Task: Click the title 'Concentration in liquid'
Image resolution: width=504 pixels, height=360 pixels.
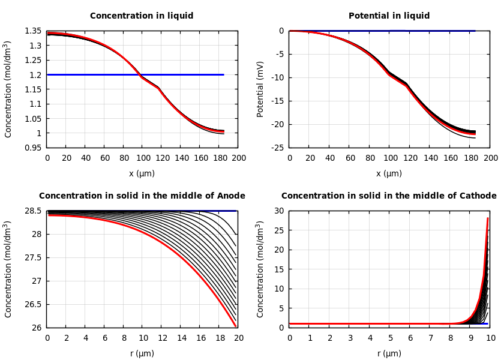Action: point(142,16)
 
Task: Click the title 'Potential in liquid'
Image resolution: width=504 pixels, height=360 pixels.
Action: point(389,16)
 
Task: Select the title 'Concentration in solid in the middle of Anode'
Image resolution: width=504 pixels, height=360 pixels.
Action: point(142,196)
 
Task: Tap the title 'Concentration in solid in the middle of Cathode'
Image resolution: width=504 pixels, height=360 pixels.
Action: point(389,196)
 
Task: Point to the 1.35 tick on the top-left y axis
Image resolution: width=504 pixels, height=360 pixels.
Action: point(32,31)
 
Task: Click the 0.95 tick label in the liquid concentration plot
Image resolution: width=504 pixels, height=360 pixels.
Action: point(32,148)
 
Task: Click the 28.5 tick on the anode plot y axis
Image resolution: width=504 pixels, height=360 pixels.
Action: point(32,211)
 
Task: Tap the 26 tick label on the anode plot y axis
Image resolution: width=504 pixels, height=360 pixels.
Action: point(36,328)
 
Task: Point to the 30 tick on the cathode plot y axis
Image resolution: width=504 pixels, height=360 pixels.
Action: point(278,211)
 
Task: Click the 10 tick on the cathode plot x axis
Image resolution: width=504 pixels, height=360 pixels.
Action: point(490,338)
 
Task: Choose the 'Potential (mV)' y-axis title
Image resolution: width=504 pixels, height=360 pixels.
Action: point(260,89)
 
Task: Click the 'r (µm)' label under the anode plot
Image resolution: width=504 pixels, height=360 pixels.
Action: point(142,353)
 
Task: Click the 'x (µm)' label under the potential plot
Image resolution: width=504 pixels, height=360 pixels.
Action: point(389,173)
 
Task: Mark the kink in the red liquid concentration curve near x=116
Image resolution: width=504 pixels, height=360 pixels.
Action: point(158,88)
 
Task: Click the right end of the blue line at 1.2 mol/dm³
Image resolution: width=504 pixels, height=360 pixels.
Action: point(224,75)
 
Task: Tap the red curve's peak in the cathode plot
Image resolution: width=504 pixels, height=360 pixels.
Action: point(488,218)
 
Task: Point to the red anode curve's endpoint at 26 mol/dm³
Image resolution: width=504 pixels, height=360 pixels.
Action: point(236,327)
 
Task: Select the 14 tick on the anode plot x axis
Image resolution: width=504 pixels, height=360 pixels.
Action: point(181,338)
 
